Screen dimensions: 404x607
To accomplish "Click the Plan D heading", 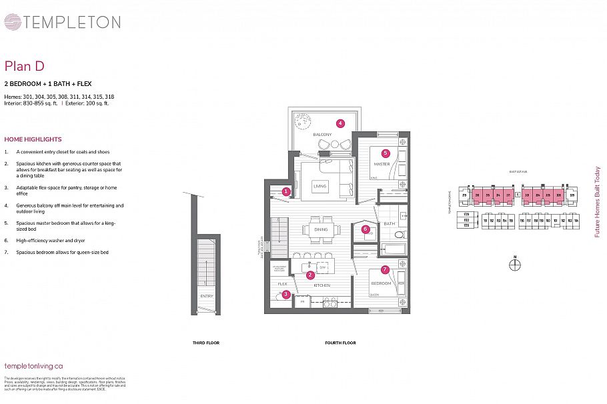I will (25, 65).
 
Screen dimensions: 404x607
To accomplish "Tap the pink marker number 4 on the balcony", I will (340, 123).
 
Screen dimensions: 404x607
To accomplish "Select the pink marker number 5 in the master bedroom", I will (386, 153).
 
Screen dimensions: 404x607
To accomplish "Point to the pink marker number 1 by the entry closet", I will (285, 191).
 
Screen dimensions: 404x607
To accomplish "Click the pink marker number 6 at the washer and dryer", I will (366, 229).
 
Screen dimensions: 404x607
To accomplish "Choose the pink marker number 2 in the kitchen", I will (310, 275).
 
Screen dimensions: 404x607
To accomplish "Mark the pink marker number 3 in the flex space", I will (285, 294).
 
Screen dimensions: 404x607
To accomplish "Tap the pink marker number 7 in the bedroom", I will (385, 269).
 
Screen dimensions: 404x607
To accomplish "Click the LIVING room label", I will (320, 187).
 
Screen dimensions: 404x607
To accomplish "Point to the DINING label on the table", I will (320, 230).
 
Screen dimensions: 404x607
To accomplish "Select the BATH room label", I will (390, 223).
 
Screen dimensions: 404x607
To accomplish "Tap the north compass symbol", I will (515, 265).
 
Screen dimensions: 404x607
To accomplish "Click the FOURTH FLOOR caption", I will (340, 343).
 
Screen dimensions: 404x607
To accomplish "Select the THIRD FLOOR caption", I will (205, 343).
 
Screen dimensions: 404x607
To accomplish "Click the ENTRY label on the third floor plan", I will (206, 297).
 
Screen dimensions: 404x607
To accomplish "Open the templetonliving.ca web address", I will (33, 365).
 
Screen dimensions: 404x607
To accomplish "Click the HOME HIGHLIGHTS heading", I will (33, 139).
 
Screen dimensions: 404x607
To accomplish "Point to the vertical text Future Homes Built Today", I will (597, 201).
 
